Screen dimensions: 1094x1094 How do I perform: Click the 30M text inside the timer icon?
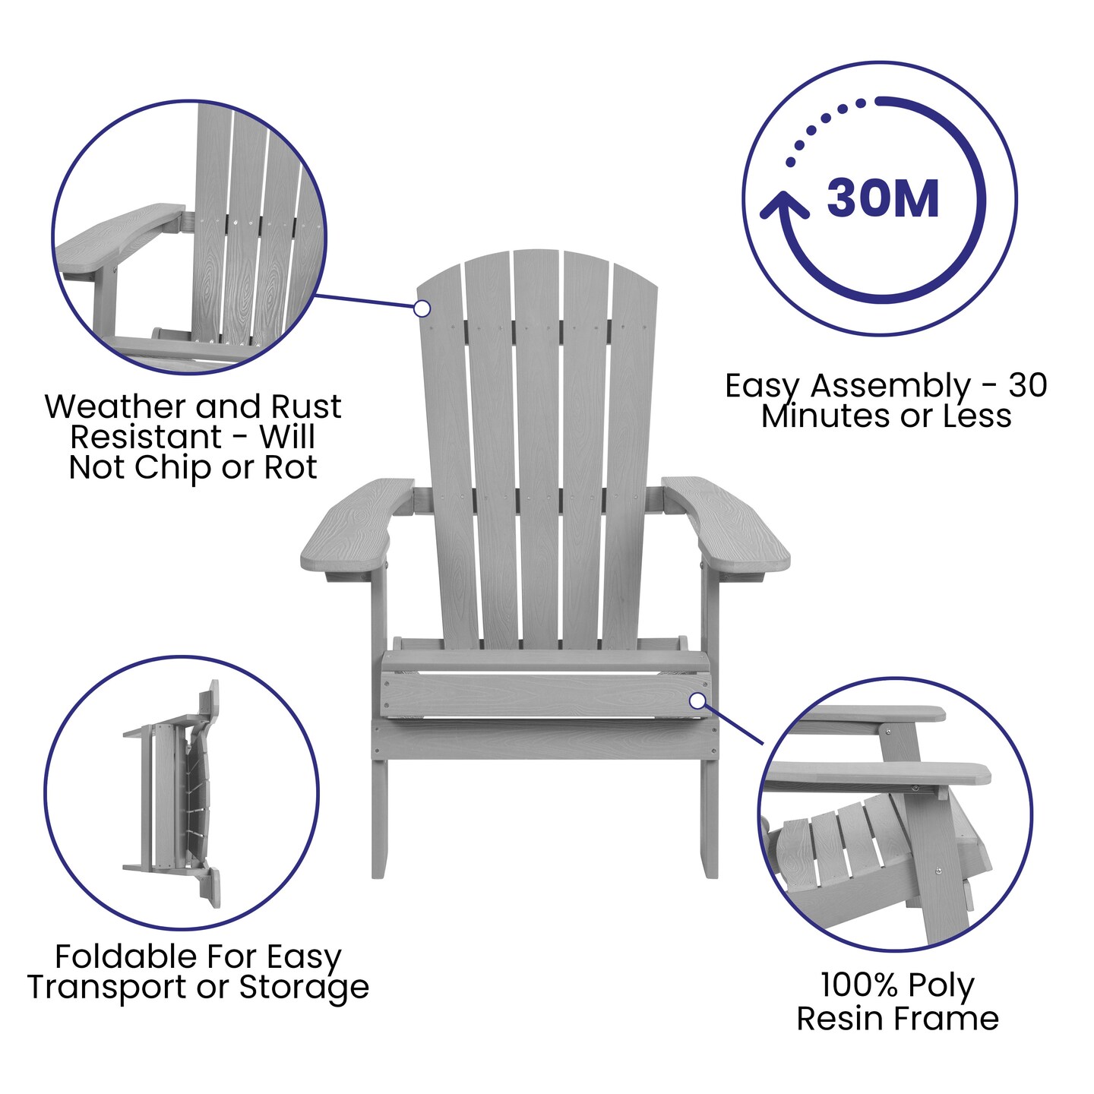883,199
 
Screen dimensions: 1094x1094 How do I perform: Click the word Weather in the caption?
104,406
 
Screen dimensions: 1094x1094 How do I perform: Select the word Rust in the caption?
305,406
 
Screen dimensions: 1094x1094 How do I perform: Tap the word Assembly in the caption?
890,387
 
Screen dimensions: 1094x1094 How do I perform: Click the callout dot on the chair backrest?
422,308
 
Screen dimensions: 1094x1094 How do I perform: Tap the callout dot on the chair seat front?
697,700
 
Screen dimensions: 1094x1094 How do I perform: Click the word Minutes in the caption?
809,416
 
